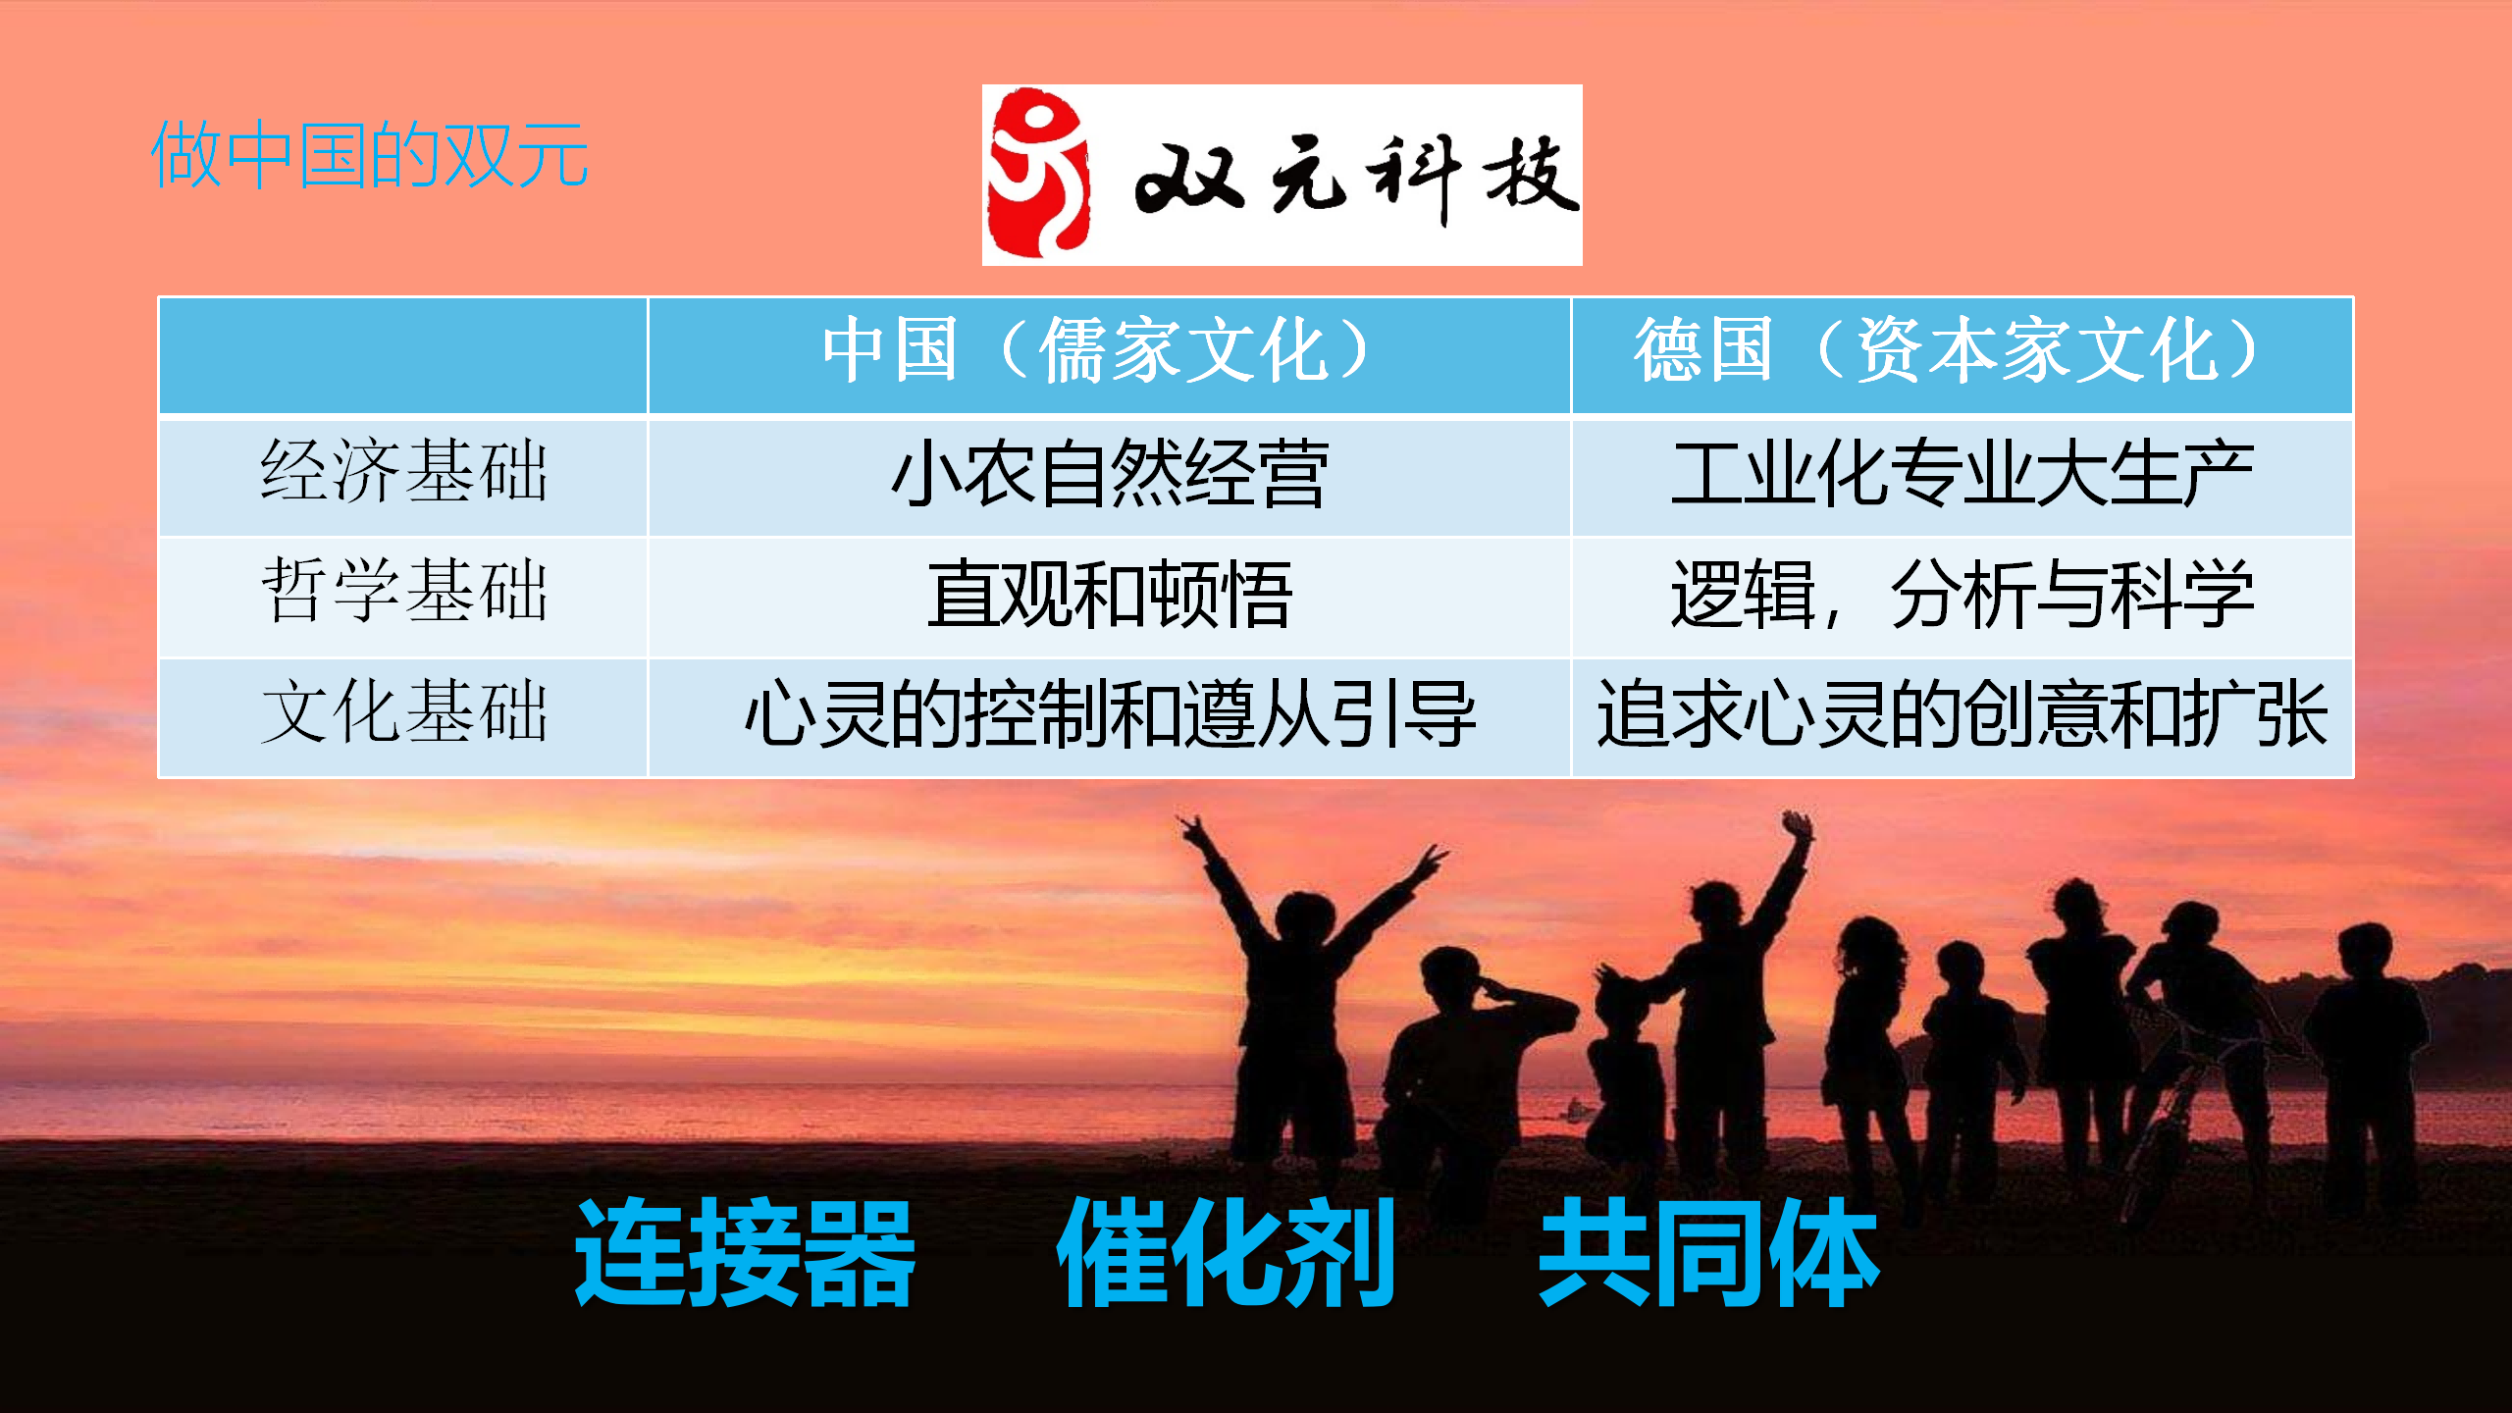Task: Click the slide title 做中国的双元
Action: click(x=370, y=155)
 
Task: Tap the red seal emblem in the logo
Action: click(x=1038, y=174)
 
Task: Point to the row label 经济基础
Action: click(x=403, y=472)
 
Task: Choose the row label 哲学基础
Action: click(x=403, y=592)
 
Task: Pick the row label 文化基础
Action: click(x=403, y=712)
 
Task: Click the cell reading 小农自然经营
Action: click(x=1110, y=474)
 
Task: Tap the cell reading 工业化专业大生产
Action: click(x=1962, y=474)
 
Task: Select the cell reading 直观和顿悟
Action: click(x=1110, y=595)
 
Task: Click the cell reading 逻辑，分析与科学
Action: click(x=1962, y=595)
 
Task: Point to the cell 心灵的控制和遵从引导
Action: click(x=1110, y=714)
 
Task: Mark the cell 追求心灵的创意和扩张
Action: click(x=1962, y=714)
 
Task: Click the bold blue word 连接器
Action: click(x=745, y=1253)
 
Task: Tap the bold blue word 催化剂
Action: click(x=1226, y=1253)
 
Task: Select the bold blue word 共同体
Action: click(x=1708, y=1253)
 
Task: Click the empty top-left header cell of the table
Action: click(x=403, y=355)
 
